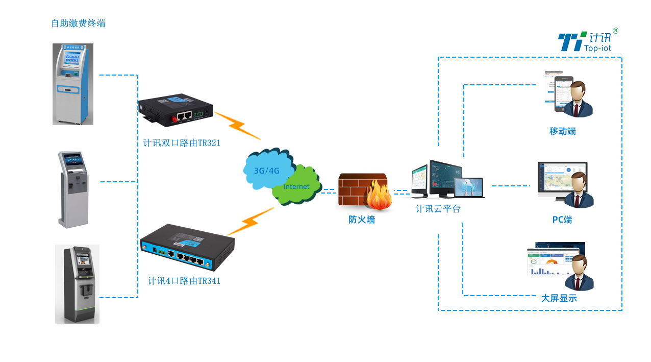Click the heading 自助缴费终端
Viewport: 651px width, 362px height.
click(x=78, y=23)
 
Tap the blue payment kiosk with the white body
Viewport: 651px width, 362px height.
click(x=73, y=84)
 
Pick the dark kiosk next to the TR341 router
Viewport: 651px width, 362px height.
click(x=77, y=284)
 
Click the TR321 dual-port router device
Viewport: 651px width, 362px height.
click(x=176, y=110)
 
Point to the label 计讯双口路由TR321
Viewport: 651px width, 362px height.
click(x=182, y=143)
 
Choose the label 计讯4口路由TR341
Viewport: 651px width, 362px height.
click(x=184, y=281)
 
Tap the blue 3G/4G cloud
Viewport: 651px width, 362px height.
click(x=267, y=168)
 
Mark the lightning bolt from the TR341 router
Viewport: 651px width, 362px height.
click(x=251, y=221)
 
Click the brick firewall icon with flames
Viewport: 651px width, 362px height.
click(x=365, y=192)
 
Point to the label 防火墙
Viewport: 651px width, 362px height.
click(x=362, y=220)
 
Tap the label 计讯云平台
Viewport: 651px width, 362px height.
click(x=438, y=209)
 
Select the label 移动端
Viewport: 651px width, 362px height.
click(x=562, y=132)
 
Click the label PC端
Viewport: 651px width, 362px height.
click(x=562, y=220)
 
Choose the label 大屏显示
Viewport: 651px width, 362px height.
click(x=559, y=299)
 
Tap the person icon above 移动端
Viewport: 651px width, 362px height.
click(x=578, y=100)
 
